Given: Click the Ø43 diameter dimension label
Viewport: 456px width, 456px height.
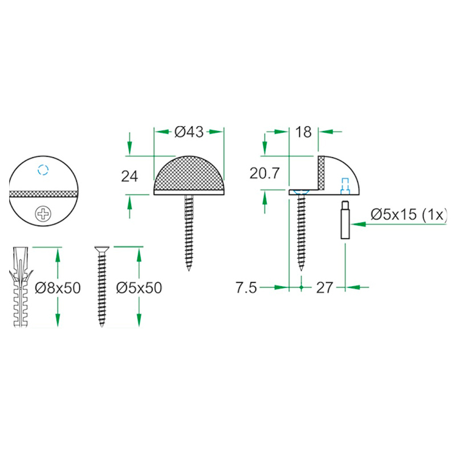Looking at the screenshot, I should coord(189,132).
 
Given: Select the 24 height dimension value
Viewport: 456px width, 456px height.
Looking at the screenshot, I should coord(130,176).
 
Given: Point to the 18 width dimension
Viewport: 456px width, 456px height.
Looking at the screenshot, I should coord(304,132).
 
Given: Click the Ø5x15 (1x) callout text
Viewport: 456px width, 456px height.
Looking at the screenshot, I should coord(409,215).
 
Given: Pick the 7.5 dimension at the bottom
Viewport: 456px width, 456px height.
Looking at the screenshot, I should coord(247,288).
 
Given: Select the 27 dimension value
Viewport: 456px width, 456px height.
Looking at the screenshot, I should coord(324,288).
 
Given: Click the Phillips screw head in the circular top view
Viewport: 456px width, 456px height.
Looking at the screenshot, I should coord(43,214).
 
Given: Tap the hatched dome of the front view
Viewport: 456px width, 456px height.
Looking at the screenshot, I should coord(189,174).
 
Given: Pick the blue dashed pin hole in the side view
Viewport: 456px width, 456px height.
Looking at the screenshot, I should coord(344,185).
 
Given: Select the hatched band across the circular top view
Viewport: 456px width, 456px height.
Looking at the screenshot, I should coord(43,192).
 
